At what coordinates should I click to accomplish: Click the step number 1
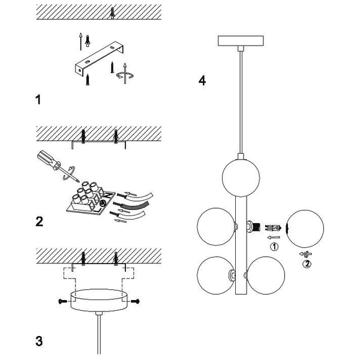pos(38,100)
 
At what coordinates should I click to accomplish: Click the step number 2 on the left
pos(39,221)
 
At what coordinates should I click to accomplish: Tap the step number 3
pos(39,341)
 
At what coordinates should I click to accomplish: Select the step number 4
pos(202,81)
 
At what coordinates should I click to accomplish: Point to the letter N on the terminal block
pos(109,196)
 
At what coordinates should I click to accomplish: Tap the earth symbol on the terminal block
pos(103,203)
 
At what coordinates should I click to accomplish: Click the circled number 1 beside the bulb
pos(274,247)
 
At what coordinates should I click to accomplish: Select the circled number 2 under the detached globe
pos(307,264)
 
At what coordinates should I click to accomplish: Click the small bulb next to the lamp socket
pos(273,228)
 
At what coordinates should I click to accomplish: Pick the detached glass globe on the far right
pos(305,229)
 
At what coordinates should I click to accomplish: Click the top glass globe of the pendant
pos(241,178)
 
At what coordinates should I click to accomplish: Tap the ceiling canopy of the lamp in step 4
pos(241,41)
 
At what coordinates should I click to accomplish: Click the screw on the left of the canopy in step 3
pos(62,301)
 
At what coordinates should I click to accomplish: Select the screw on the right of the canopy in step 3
pos(135,301)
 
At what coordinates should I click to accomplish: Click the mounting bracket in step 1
pos(99,59)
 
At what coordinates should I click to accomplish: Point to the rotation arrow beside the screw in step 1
pos(125,76)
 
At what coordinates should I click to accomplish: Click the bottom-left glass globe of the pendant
pos(216,275)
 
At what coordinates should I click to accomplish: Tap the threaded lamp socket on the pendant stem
pos(253,226)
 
